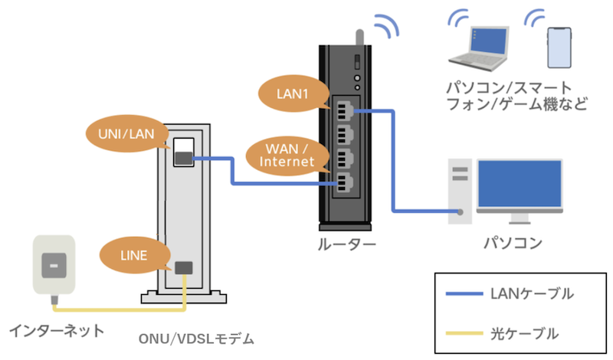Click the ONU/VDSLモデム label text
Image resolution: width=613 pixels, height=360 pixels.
point(196,339)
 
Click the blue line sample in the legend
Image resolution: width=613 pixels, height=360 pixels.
point(462,294)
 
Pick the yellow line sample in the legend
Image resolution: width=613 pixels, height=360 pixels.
point(462,333)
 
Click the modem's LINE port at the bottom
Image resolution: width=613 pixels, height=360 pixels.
point(184,267)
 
